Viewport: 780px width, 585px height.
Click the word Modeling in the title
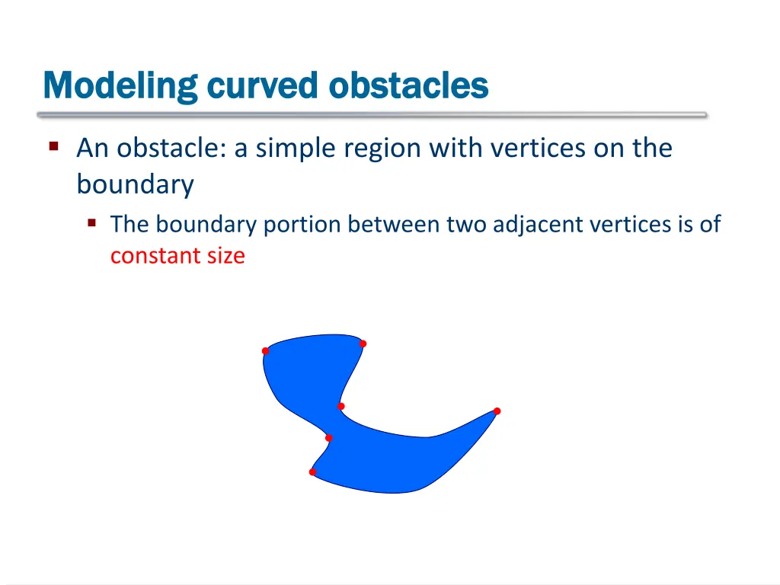point(120,85)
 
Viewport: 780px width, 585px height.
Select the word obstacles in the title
point(408,85)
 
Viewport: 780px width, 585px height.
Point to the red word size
point(225,256)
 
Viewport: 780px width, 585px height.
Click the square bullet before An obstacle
point(54,145)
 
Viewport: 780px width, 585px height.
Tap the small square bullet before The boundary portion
point(91,223)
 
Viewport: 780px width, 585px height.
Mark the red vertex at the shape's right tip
point(497,411)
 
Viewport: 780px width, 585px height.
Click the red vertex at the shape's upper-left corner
point(265,351)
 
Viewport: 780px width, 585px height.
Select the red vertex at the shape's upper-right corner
point(363,344)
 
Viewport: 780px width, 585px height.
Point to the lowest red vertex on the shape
point(312,472)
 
